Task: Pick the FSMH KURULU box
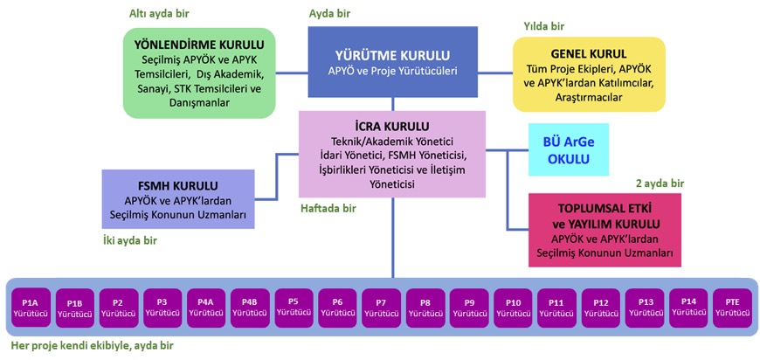178,198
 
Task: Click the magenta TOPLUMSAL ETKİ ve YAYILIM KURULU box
605,230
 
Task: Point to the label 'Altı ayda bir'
159,13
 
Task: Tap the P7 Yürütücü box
382,307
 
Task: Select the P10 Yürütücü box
513,307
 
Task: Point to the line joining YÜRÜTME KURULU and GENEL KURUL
495,73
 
